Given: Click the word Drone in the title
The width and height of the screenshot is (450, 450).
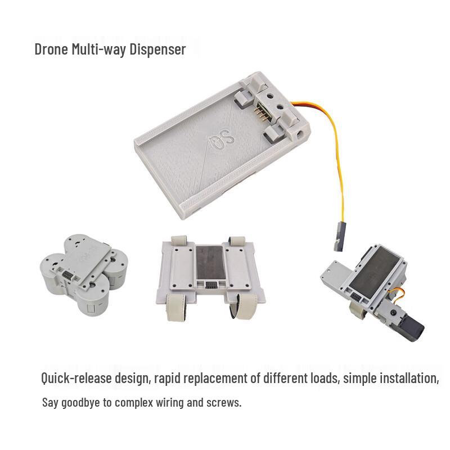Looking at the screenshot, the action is pyautogui.click(x=51, y=49).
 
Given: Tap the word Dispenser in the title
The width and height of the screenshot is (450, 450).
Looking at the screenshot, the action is pyautogui.click(x=158, y=49).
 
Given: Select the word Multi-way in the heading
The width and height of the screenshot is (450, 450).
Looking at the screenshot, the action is pyautogui.click(x=99, y=49).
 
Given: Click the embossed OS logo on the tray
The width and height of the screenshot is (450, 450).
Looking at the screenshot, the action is pyautogui.click(x=222, y=139).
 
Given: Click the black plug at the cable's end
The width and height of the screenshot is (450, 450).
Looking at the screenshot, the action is pyautogui.click(x=339, y=237).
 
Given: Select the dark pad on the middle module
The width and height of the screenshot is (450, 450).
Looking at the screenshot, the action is pyautogui.click(x=210, y=262).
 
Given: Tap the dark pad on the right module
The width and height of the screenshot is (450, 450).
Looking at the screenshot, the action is pyautogui.click(x=375, y=269).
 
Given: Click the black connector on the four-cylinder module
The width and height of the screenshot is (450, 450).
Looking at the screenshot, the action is pyautogui.click(x=67, y=276).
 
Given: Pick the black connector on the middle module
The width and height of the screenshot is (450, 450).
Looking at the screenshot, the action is pyautogui.click(x=211, y=285).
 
